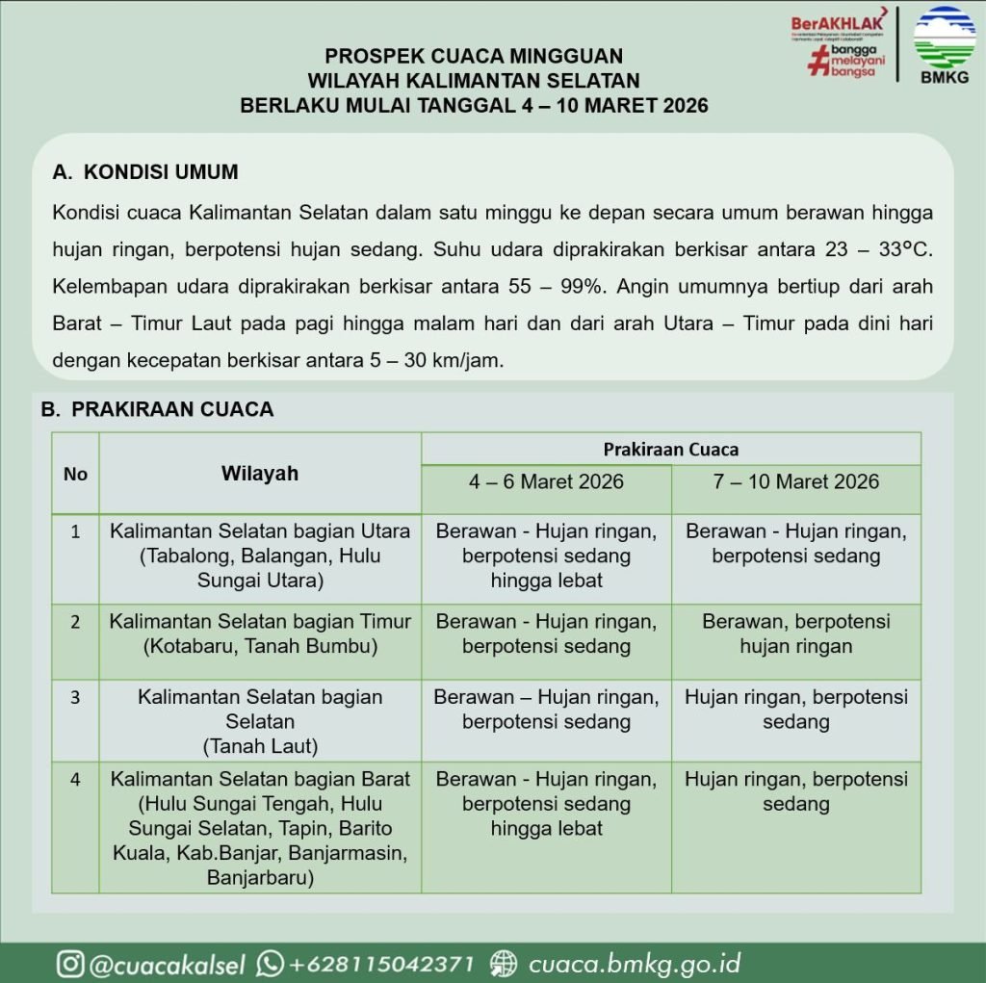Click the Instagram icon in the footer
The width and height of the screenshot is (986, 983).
point(69,963)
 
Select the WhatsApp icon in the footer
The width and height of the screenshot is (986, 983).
point(271,963)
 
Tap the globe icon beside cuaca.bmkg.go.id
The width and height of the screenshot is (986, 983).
point(504,963)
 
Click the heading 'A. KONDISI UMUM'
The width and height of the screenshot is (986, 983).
point(145,173)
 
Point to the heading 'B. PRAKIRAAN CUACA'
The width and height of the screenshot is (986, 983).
point(157,409)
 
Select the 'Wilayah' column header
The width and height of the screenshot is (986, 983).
point(259,473)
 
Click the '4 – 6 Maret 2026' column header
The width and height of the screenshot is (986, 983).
point(546,481)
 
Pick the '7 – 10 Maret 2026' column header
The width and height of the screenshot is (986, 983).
point(795,481)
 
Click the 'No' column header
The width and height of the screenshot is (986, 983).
point(75,473)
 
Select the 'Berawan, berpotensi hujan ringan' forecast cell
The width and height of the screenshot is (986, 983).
point(795,634)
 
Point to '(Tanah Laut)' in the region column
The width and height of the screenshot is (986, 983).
point(259,745)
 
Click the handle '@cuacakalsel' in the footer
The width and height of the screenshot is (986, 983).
point(168,963)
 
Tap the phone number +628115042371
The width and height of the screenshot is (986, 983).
point(381,963)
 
